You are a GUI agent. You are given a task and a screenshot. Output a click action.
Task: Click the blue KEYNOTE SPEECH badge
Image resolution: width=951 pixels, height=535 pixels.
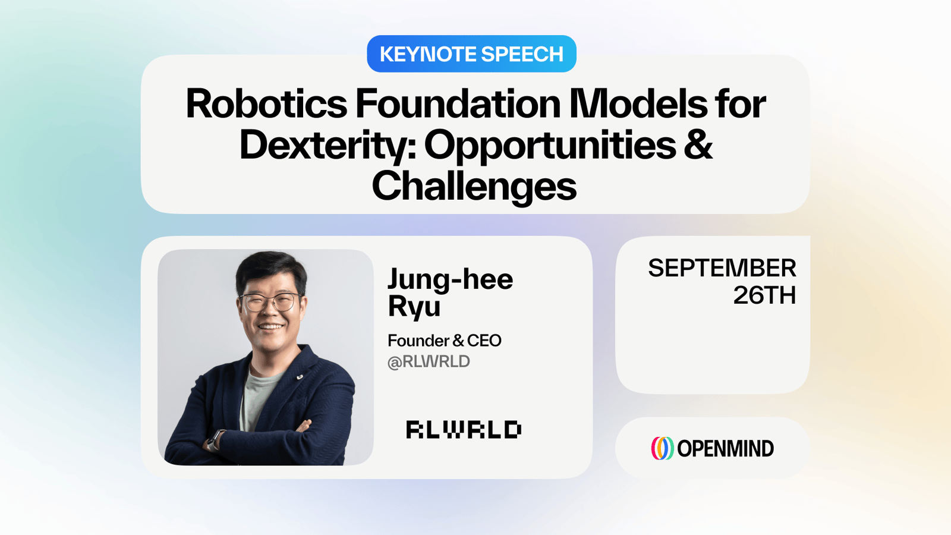[471, 54]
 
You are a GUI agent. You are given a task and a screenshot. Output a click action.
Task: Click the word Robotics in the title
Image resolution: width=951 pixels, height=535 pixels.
[267, 103]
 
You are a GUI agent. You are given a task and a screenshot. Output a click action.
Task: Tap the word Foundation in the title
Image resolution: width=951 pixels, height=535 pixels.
[458, 103]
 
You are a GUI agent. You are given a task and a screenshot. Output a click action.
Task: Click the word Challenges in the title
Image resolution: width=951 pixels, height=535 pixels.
[474, 186]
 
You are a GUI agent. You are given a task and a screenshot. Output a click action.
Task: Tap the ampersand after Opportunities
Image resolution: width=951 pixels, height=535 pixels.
[698, 144]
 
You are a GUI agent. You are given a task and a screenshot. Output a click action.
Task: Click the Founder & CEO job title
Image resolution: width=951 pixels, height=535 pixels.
[445, 341]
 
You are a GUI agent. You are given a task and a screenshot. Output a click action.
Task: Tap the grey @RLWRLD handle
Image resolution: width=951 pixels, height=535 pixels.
[429, 362]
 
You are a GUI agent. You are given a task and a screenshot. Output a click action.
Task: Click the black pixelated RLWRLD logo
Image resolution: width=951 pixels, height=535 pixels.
[464, 429]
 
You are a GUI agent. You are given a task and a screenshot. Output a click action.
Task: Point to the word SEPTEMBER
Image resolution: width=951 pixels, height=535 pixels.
[722, 268]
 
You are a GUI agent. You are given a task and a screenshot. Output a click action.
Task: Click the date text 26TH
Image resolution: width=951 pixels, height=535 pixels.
[764, 295]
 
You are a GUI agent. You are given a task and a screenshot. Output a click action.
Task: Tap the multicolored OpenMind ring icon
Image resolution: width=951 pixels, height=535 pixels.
[662, 448]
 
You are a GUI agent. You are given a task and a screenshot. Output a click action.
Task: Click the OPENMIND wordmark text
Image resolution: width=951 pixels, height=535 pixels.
[725, 449]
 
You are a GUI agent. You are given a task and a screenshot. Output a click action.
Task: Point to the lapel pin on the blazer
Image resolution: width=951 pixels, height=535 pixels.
[300, 377]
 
